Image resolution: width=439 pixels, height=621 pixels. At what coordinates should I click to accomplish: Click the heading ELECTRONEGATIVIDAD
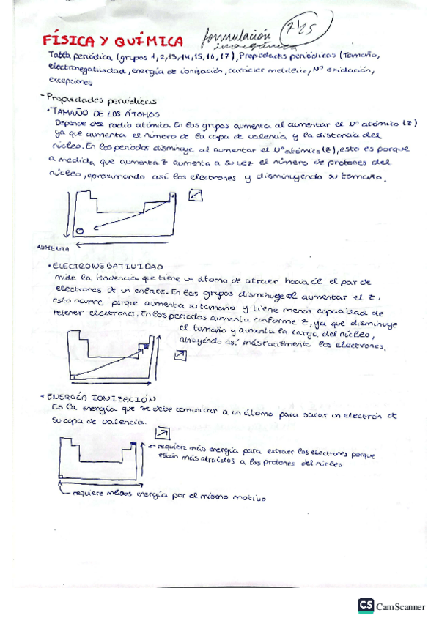pyautogui.click(x=108, y=267)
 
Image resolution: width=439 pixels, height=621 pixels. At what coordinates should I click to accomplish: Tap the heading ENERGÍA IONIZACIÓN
pyautogui.click(x=100, y=395)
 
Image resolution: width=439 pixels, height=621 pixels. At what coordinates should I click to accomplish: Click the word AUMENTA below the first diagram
pyautogui.click(x=48, y=248)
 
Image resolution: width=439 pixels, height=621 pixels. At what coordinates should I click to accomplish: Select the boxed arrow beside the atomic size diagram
pyautogui.click(x=196, y=196)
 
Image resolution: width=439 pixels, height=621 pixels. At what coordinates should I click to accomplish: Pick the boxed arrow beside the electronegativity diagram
pyautogui.click(x=181, y=354)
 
